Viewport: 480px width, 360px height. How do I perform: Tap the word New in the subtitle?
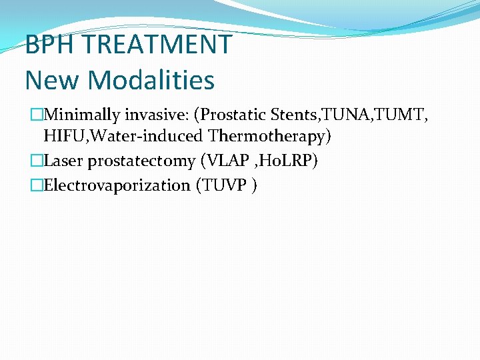click(53, 81)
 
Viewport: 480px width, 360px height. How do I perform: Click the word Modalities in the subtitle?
click(152, 81)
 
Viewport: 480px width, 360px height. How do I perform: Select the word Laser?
click(63, 161)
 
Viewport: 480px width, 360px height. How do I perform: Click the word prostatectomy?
click(138, 161)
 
